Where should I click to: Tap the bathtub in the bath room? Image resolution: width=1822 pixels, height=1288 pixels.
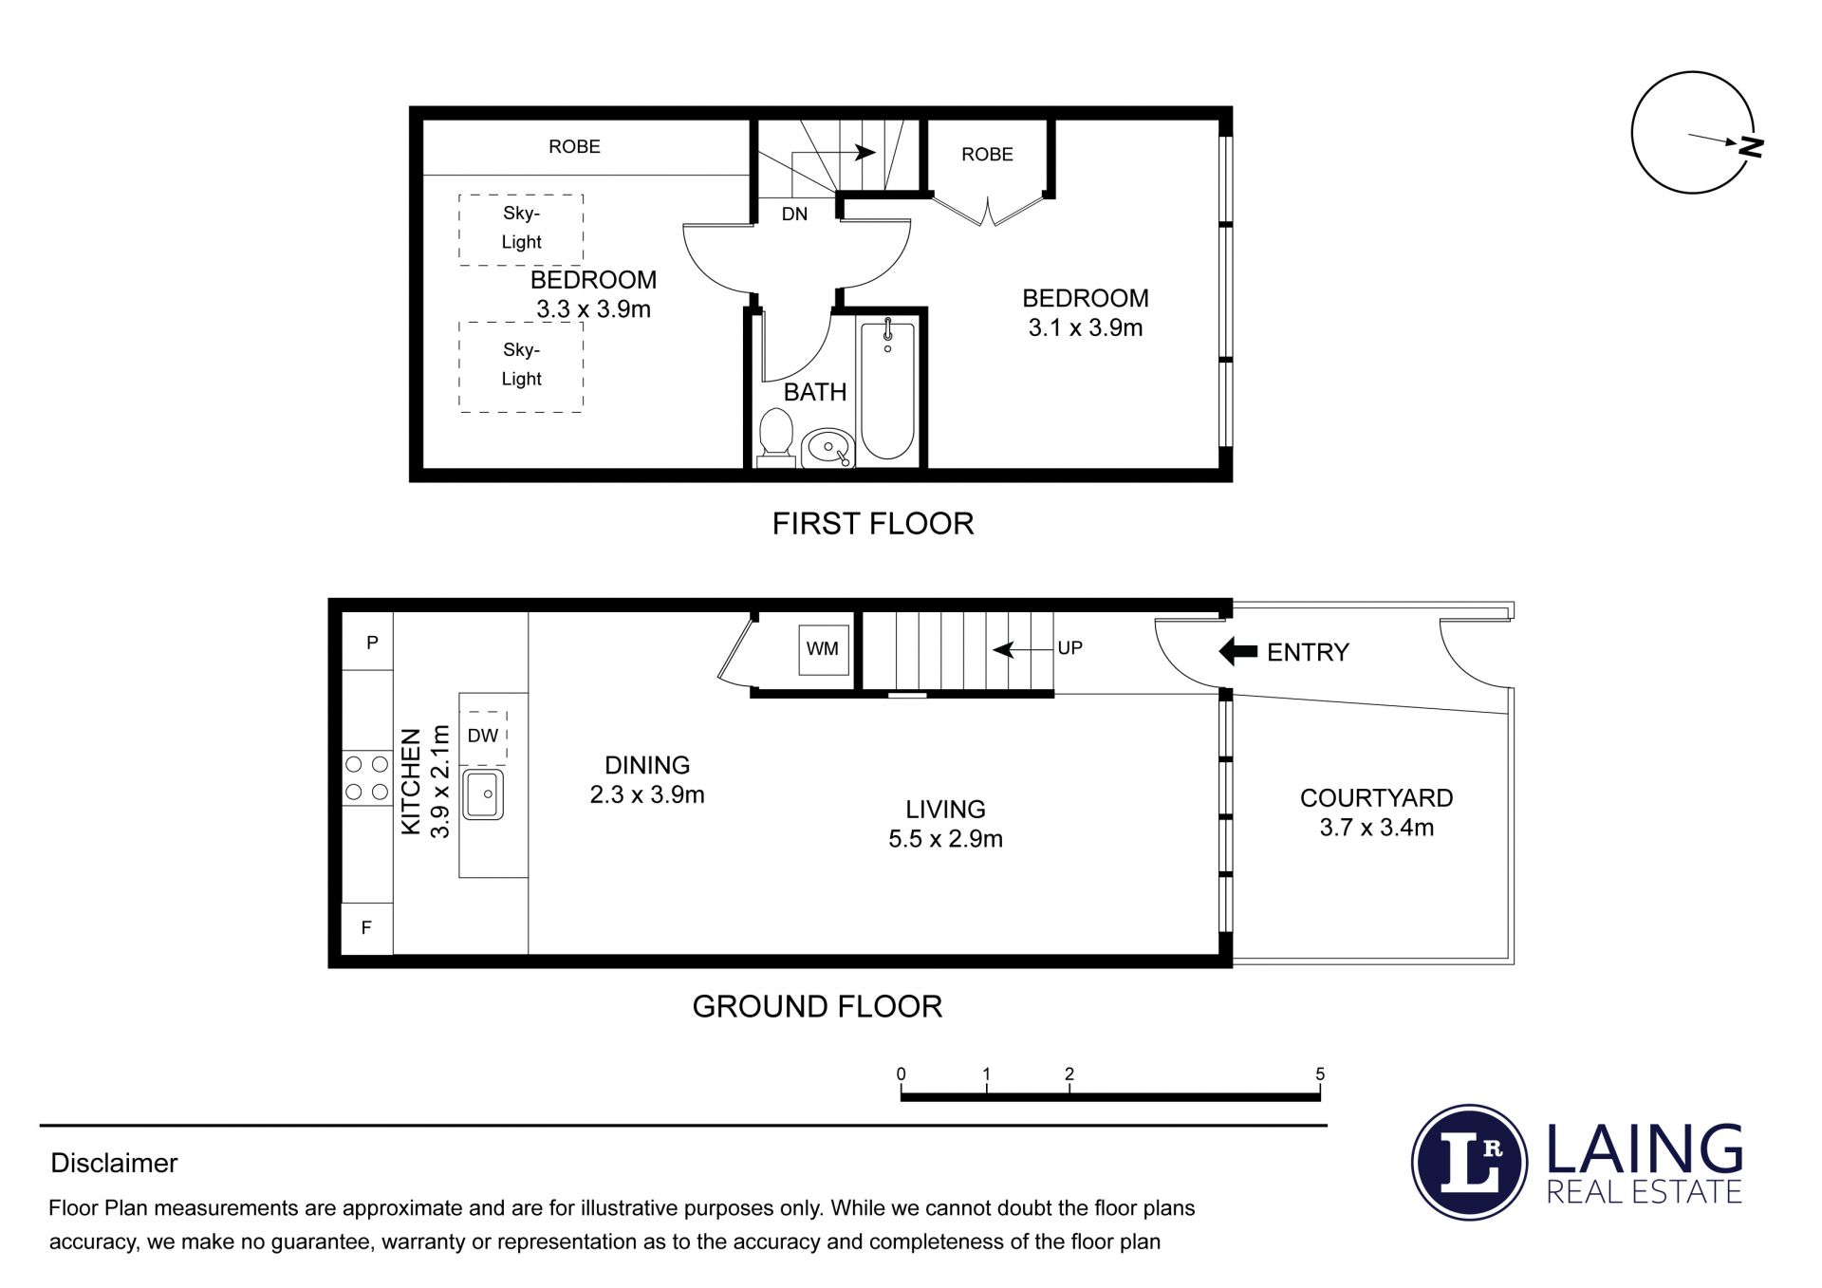(887, 389)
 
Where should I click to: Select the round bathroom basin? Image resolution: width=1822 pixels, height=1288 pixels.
(829, 447)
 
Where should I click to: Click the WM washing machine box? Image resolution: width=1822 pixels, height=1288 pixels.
(823, 649)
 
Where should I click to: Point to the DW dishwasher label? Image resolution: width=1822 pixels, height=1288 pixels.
(483, 736)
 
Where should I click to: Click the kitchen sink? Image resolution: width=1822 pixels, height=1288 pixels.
(484, 794)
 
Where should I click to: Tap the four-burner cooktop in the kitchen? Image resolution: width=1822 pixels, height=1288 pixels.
(366, 777)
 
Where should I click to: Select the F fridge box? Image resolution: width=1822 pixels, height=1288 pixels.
(367, 928)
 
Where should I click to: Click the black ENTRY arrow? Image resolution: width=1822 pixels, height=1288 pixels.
(1237, 652)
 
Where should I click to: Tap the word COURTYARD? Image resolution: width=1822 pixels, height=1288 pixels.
(1376, 798)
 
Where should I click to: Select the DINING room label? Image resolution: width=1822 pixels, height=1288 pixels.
(647, 765)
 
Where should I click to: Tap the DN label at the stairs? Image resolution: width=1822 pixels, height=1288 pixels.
(794, 215)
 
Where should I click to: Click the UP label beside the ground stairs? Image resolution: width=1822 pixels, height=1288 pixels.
(1069, 648)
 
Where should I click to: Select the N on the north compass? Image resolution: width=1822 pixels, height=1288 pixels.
(1751, 146)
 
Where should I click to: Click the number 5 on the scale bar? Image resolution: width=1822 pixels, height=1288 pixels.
(1320, 1074)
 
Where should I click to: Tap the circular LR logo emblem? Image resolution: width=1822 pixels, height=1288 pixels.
(1470, 1163)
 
